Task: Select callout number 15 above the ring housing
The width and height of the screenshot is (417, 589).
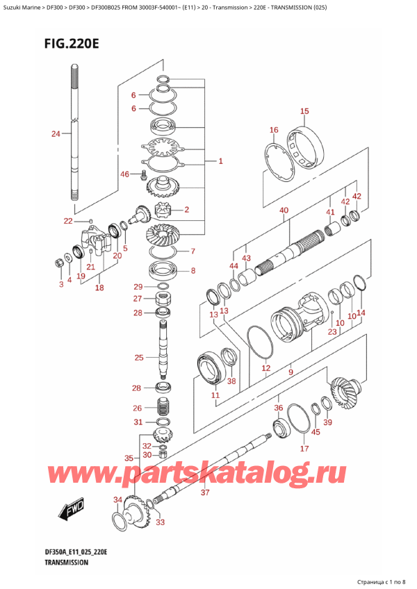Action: [x=304, y=111]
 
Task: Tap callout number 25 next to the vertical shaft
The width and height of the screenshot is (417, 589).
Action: [x=139, y=358]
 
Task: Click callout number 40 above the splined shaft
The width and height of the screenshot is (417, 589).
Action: [x=284, y=210]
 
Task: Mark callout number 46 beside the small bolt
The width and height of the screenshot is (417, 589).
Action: [x=124, y=174]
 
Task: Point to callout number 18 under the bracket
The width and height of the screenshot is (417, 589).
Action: [x=99, y=288]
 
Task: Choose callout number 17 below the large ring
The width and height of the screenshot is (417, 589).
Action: [x=304, y=449]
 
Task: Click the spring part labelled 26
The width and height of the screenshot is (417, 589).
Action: [x=165, y=408]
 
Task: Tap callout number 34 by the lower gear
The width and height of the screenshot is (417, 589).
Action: [x=117, y=500]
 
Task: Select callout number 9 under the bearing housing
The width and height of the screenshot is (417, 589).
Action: [x=291, y=373]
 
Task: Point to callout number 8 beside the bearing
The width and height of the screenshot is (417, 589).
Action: [x=193, y=271]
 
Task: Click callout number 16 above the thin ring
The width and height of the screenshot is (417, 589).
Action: [x=273, y=130]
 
